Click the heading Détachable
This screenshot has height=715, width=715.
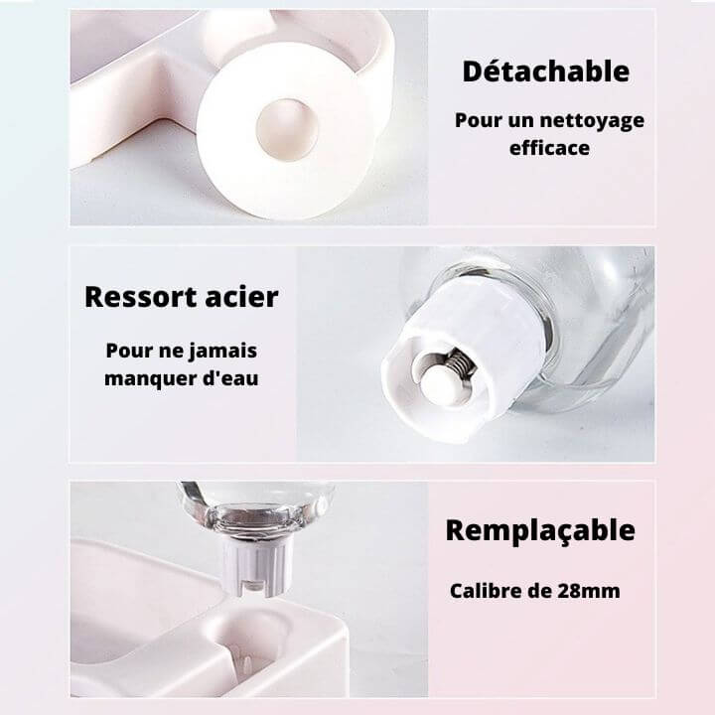tap(546, 71)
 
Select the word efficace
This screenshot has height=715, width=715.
tap(549, 148)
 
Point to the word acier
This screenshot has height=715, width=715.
tap(241, 297)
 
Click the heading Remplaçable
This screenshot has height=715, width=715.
tap(540, 530)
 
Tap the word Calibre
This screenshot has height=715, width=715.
tap(486, 591)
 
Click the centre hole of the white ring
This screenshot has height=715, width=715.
tap(286, 129)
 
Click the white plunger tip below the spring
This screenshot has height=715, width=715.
tap(442, 385)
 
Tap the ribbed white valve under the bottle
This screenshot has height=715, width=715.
tap(257, 566)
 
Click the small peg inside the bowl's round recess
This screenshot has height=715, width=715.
tap(246, 662)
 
